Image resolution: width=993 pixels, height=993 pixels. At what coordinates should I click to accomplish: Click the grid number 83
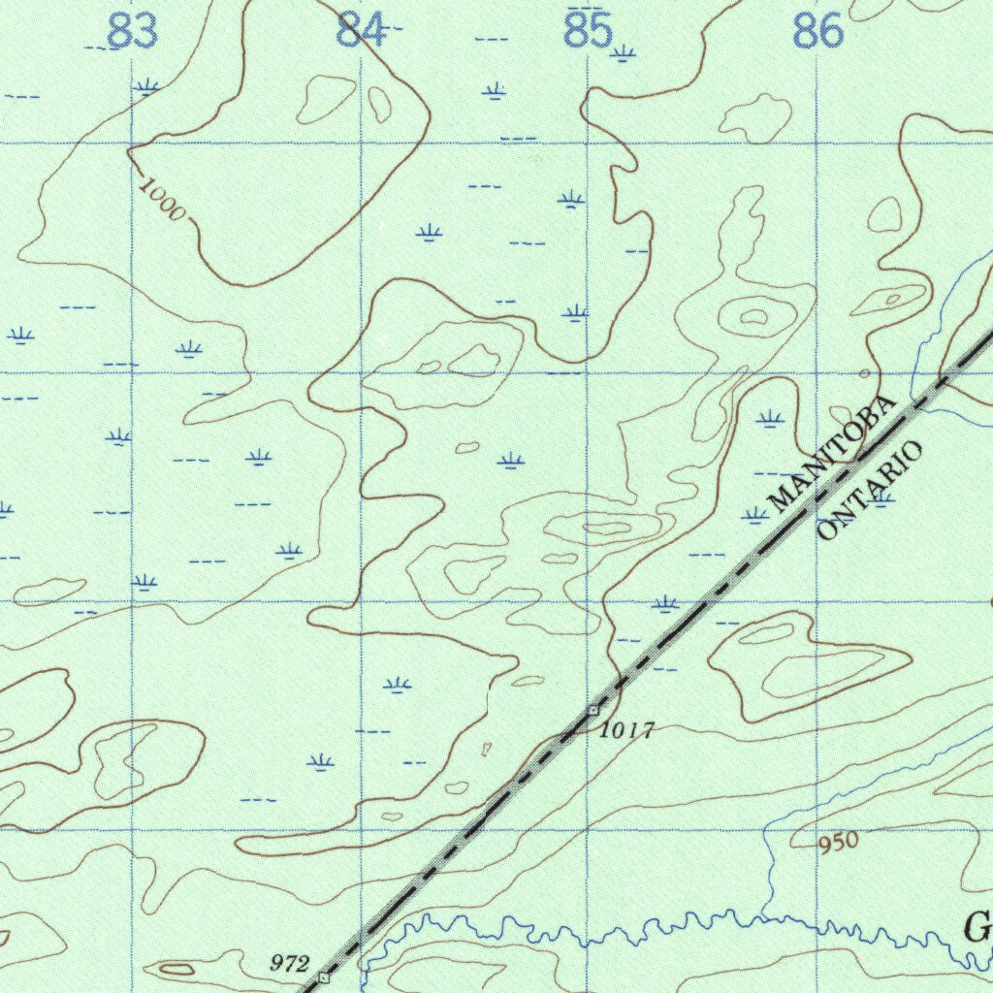(x=132, y=31)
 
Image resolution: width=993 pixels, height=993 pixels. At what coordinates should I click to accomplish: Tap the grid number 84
(x=361, y=31)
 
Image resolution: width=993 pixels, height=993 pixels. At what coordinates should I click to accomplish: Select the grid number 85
(x=589, y=31)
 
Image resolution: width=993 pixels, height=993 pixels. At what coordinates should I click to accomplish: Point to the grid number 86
(x=817, y=32)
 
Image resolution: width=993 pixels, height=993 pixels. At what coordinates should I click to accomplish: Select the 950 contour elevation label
(x=838, y=842)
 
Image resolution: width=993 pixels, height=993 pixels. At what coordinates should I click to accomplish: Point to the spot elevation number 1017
(x=627, y=730)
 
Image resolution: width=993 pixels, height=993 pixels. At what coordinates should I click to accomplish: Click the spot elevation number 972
(x=289, y=963)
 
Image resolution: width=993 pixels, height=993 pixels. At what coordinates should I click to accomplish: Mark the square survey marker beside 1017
(x=593, y=711)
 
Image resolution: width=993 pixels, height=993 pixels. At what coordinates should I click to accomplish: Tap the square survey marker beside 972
(x=323, y=978)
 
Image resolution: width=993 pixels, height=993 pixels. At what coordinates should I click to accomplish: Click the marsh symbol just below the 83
(x=146, y=87)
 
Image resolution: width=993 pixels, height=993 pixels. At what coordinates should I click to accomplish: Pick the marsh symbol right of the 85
(x=623, y=53)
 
